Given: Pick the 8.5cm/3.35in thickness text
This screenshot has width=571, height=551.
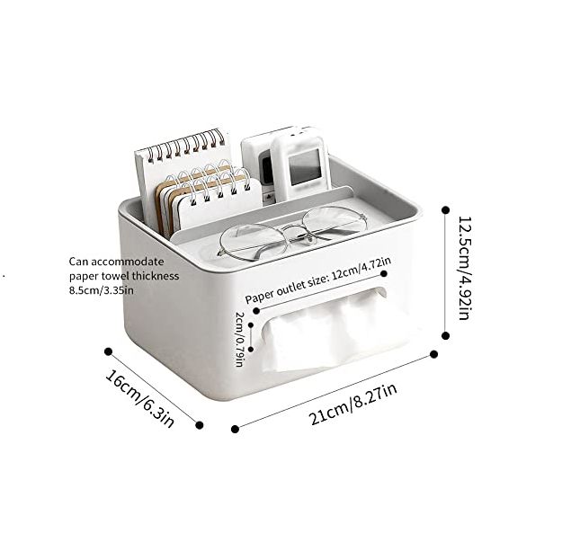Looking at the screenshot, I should (102, 289).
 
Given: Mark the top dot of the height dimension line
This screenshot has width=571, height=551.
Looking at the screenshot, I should (446, 209).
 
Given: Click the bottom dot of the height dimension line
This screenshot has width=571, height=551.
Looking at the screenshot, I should (446, 335).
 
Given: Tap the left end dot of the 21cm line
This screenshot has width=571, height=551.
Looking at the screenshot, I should (236, 429).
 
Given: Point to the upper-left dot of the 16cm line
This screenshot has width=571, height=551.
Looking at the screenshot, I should (108, 351).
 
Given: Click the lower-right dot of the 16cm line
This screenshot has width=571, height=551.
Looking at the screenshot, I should (199, 425).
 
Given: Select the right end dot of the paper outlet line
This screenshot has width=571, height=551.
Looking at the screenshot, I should (384, 272).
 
